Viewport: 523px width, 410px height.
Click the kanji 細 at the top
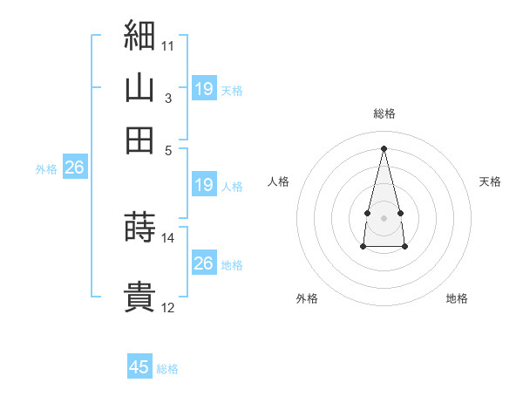tap(139, 35)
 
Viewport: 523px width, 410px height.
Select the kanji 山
tap(139, 87)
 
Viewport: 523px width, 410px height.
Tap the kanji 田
tap(139, 140)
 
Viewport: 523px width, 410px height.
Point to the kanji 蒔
tap(139, 226)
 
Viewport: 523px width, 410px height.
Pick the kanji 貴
tap(139, 296)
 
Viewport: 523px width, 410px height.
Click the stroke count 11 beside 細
tap(167, 46)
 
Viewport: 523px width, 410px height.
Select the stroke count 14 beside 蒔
tap(167, 238)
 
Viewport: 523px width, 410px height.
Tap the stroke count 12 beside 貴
tap(167, 308)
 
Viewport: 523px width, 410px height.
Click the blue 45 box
tap(139, 366)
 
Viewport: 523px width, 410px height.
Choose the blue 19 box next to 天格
tap(204, 88)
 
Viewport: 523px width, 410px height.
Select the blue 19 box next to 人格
tap(204, 184)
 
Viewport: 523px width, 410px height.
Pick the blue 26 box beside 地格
tap(204, 262)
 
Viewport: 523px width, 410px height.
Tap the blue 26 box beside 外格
tap(75, 167)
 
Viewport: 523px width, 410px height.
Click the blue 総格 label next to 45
tap(167, 369)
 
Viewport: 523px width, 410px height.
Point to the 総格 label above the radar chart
tap(384, 113)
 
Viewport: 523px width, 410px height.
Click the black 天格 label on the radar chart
tap(490, 181)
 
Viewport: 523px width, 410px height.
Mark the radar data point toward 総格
tap(384, 148)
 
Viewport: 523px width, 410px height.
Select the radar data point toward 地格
tap(404, 247)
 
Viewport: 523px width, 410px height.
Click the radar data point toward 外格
tap(363, 247)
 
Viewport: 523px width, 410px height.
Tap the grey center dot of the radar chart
tap(384, 218)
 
